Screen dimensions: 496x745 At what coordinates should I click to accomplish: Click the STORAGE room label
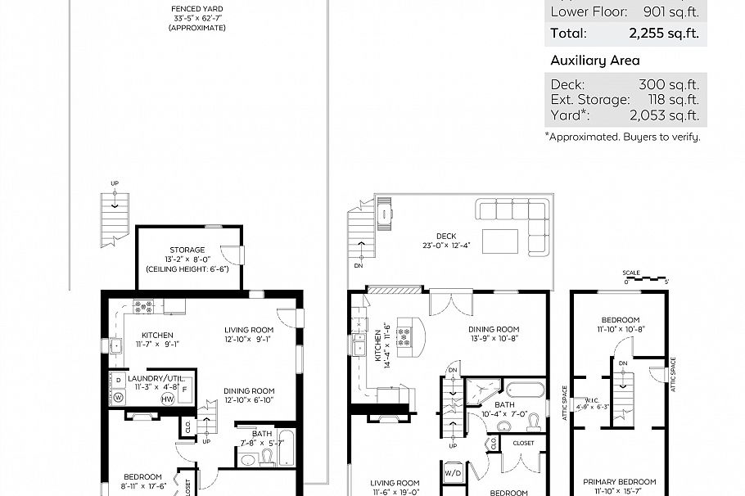187,250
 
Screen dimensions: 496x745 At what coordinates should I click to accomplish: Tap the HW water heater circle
168,399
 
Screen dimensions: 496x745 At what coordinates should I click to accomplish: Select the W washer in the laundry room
118,398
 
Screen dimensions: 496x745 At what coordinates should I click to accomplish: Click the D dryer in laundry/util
118,381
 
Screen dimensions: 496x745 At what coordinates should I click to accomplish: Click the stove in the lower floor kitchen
145,308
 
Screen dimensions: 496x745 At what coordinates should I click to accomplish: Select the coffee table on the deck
499,241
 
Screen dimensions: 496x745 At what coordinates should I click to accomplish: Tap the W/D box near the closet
452,473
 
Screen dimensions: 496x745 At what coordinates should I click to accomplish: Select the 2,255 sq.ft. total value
664,34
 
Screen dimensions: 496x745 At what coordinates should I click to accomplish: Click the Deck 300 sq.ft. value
668,84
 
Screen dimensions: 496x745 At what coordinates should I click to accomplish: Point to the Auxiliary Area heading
595,61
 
